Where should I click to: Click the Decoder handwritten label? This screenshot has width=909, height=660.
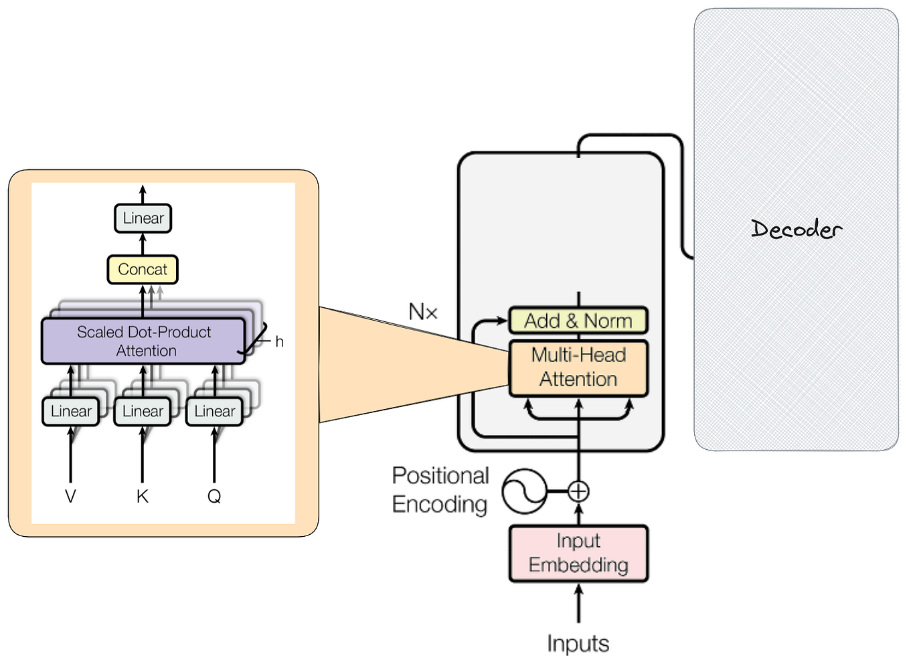(796, 230)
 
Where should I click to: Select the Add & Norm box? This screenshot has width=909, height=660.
(578, 321)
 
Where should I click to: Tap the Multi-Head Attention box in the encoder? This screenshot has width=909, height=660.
(578, 368)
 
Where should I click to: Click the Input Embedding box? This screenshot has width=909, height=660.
(578, 553)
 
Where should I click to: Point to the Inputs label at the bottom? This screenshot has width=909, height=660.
(578, 643)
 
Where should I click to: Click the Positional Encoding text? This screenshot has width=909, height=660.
(440, 490)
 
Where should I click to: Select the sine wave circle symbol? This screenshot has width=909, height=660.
(524, 491)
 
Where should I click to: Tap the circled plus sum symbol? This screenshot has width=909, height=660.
(578, 491)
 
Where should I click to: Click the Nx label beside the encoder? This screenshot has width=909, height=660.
(423, 312)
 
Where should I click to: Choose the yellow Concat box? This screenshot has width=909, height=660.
(143, 270)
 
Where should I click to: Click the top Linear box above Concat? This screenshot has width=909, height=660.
(143, 218)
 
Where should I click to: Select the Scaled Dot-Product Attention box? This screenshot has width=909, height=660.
(143, 341)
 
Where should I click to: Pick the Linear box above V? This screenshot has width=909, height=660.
(71, 411)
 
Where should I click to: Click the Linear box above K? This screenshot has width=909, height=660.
(143, 411)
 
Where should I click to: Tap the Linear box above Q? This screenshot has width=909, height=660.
(214, 411)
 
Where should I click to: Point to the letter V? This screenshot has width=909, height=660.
(70, 496)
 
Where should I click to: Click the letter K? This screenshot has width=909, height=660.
(142, 496)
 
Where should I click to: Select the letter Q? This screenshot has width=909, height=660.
(214, 496)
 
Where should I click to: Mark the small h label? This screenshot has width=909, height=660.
(279, 342)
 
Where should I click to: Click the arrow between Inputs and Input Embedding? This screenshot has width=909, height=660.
(578, 603)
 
